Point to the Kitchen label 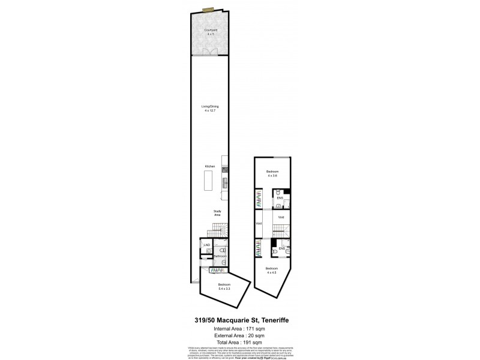(x=209, y=166)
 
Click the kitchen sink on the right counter (x=226, y=182)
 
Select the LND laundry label (x=206, y=245)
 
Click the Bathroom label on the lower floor (x=220, y=256)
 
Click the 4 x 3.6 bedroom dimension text (x=272, y=176)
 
